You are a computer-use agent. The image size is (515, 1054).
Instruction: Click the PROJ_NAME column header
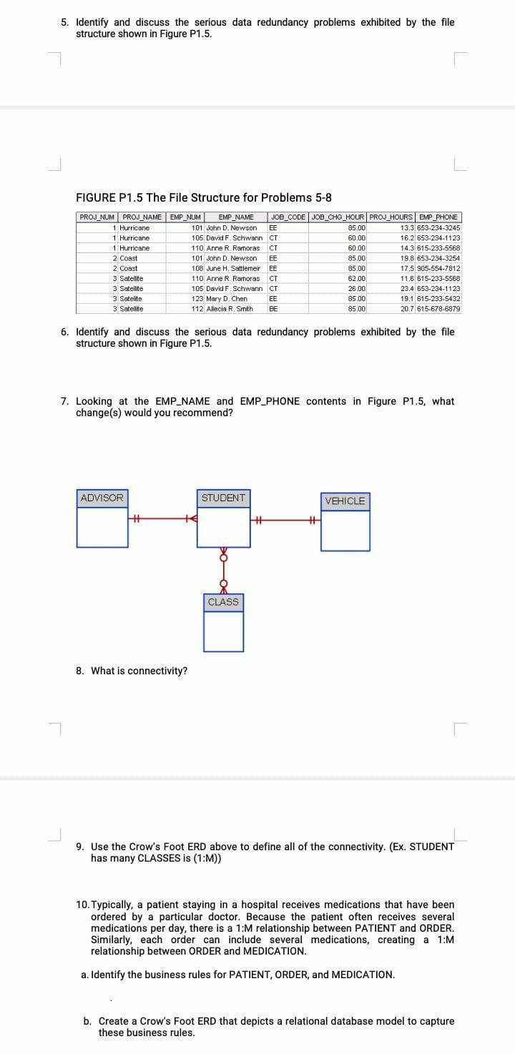coord(142,217)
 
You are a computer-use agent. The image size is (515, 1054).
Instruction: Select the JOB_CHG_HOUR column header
coord(339,217)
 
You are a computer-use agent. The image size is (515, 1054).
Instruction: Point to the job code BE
coord(273,308)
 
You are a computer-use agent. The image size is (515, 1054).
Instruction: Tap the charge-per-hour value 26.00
coord(356,288)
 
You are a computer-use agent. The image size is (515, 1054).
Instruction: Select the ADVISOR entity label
coord(102,498)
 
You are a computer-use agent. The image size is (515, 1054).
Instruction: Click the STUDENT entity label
coord(223,498)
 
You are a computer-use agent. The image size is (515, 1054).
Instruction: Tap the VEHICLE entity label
coord(345,501)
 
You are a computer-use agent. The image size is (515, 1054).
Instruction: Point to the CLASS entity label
coord(223,602)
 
